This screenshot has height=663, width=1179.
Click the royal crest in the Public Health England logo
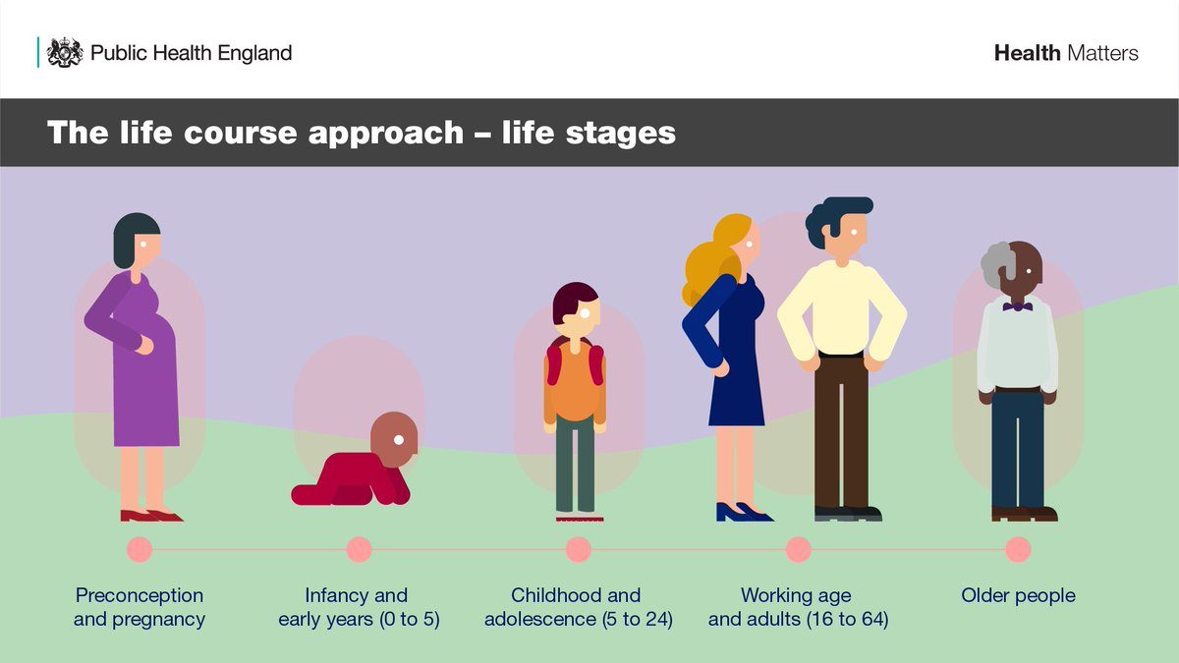coord(65,52)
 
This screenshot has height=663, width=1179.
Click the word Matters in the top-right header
coord(1102,53)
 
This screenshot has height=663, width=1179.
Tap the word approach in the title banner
coord(386,133)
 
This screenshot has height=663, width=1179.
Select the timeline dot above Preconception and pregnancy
coord(140,549)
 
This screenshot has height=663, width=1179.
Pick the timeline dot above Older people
coord(1018,549)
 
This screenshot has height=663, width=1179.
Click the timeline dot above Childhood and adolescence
coord(579,549)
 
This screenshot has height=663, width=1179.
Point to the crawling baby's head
coord(394,439)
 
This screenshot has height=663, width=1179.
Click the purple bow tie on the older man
coord(1018,306)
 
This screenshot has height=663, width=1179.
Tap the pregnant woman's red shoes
coord(151,515)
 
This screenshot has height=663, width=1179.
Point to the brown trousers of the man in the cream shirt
coord(841,431)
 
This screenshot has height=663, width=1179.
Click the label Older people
coord(1018,595)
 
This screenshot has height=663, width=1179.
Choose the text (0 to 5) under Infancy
coord(410,620)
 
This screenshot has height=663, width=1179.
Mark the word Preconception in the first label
coord(139,595)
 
